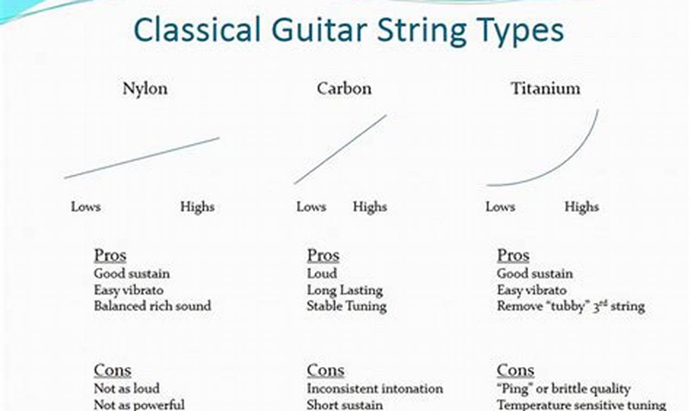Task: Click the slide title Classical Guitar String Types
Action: (x=348, y=31)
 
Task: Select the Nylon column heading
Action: (x=145, y=89)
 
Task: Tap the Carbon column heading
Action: (x=344, y=89)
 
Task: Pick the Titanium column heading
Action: (x=545, y=89)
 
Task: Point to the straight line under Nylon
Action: (x=142, y=157)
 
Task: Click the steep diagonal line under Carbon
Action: (x=341, y=149)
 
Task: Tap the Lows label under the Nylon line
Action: (x=85, y=207)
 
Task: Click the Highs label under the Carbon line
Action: (x=370, y=207)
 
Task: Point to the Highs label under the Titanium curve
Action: (x=582, y=207)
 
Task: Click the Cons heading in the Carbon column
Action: (x=325, y=370)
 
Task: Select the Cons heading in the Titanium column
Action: (x=515, y=370)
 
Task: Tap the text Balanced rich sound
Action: (x=152, y=306)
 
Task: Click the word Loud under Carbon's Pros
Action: (x=322, y=274)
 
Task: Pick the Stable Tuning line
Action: (x=347, y=306)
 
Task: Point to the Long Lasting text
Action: (x=344, y=290)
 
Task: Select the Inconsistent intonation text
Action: (x=375, y=388)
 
